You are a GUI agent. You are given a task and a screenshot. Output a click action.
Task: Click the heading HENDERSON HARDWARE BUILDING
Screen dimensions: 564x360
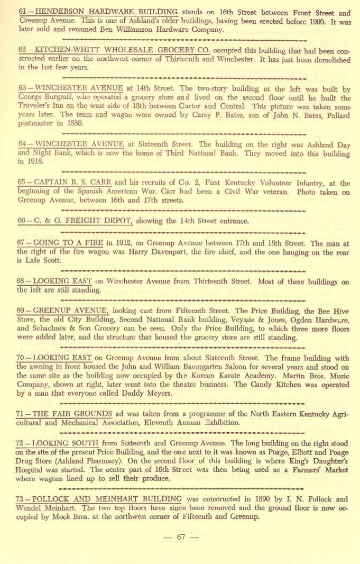(106, 12)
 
